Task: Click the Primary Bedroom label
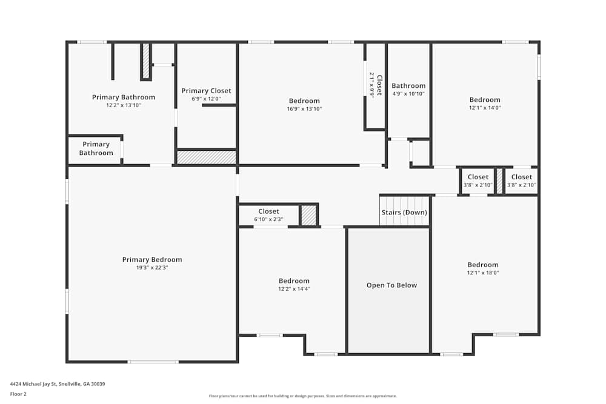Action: coord(152,260)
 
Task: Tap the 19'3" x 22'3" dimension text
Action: coord(152,268)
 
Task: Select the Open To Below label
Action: coord(391,285)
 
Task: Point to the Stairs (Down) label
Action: coord(404,213)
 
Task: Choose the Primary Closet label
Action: coord(206,91)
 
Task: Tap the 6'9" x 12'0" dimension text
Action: coord(206,99)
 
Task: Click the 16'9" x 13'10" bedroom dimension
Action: coord(304,109)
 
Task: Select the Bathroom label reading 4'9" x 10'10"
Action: coord(408,86)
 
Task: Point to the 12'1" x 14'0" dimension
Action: coord(485,108)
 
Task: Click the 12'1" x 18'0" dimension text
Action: coord(483,273)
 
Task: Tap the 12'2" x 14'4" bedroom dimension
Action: coord(294,289)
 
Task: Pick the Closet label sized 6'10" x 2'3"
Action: coord(268,211)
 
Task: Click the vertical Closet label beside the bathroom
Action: coord(379,85)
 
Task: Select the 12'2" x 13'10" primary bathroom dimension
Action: coord(124,105)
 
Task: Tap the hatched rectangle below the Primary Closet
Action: coord(206,157)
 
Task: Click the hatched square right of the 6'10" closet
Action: coord(309,216)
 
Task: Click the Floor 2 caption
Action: coord(19,393)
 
